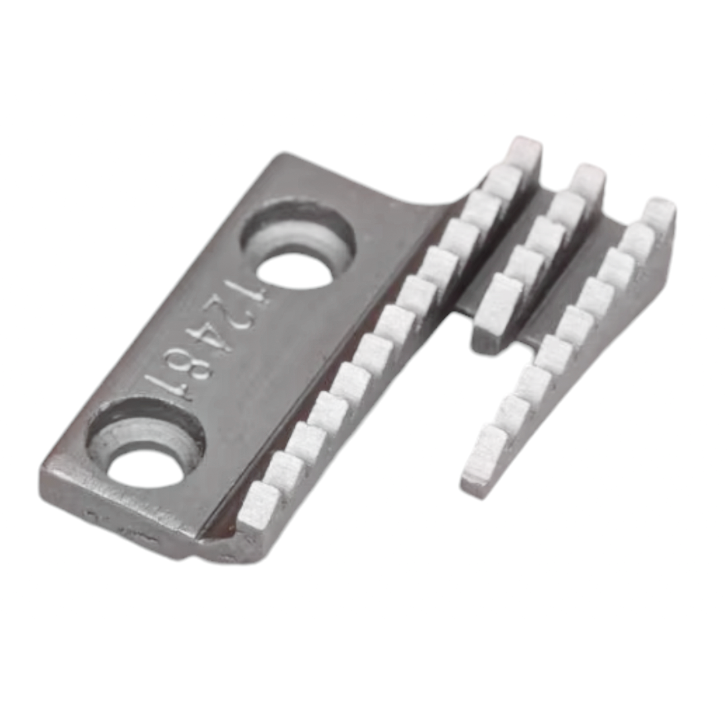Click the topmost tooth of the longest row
point(524,153)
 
